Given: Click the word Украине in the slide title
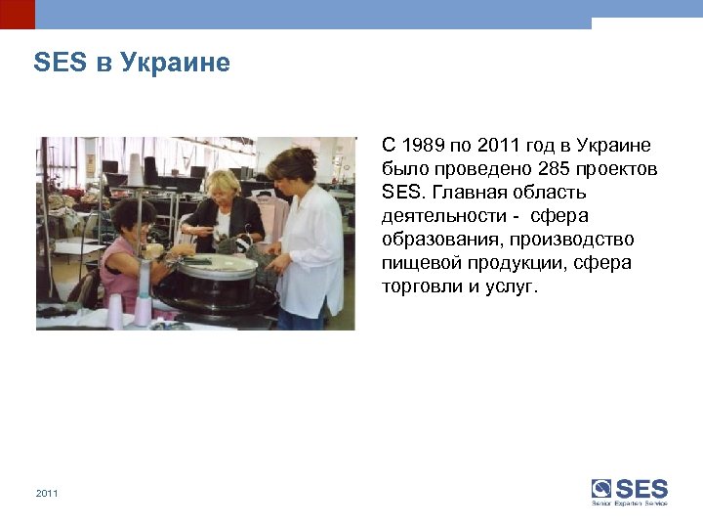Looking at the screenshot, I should click(176, 64).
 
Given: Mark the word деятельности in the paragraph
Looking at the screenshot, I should click(443, 217).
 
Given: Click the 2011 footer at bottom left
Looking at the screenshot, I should click(47, 494).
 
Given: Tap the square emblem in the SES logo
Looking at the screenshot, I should click(601, 489).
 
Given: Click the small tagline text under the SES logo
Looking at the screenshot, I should click(630, 504).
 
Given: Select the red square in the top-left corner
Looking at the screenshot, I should click(17, 14).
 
